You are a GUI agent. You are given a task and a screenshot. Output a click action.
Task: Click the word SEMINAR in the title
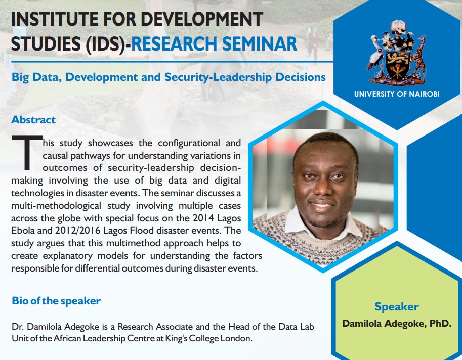[x=260, y=44]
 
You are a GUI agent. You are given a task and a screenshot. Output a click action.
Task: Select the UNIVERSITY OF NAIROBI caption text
[x=397, y=94]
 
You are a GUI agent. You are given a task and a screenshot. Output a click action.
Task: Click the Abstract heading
[x=33, y=120]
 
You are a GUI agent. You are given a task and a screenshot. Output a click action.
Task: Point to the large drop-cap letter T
[x=27, y=152]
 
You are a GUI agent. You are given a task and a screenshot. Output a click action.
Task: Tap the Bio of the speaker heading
[x=56, y=301]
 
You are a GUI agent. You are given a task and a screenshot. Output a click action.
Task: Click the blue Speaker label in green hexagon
[x=397, y=307]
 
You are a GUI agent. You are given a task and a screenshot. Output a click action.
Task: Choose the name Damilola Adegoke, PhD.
[x=397, y=323]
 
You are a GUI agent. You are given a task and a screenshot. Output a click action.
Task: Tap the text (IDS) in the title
[x=108, y=44]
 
